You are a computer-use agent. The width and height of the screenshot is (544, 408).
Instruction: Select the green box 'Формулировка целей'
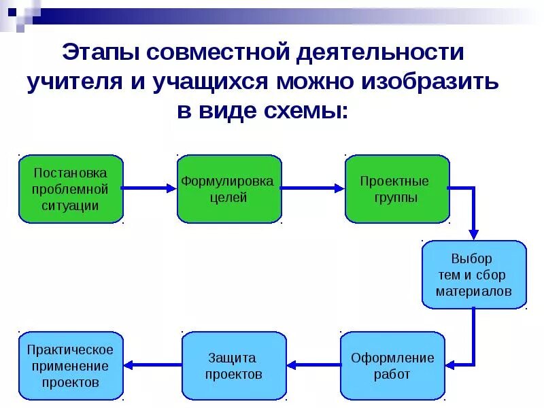pos(229,189)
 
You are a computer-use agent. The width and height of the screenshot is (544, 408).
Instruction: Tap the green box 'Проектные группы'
pos(397,189)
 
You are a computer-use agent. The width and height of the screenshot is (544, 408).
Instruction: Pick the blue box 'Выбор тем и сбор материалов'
pos(474,275)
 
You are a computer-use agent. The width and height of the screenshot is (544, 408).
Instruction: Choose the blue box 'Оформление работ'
pos(392,366)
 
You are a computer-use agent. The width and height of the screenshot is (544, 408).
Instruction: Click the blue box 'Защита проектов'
pos(234,366)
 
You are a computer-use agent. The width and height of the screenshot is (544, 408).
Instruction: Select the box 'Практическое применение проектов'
pos(71,366)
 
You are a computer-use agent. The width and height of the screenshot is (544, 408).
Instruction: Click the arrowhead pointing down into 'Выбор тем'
pos(474,233)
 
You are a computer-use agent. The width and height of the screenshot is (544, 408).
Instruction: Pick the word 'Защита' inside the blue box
pos(233,358)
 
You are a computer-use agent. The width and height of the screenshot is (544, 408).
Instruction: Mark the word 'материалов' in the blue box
pos(474,291)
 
